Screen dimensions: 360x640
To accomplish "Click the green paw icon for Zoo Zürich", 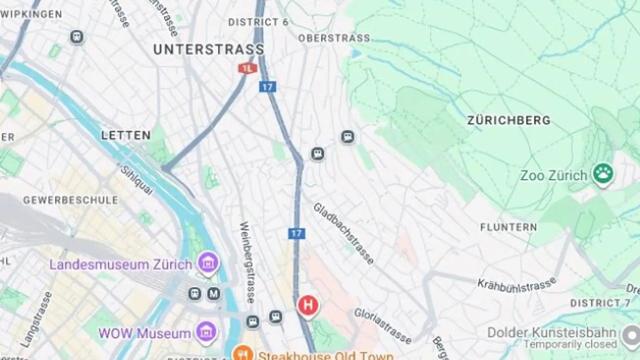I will pos(603,174).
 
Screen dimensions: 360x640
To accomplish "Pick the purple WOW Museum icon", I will pos(207,332).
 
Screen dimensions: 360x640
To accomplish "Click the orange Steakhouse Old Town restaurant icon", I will pos(243,354).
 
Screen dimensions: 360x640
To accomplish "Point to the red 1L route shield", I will pos(248,68).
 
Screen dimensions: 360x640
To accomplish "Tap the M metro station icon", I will pos(214,293).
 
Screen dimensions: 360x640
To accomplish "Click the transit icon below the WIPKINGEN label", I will pos(77,36).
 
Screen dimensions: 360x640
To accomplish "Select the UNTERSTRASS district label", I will pos(208,49).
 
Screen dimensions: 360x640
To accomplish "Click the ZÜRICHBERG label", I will pos(508,120).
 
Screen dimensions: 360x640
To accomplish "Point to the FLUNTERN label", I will pos(508,228).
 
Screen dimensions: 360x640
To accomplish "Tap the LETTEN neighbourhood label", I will pos(126,135).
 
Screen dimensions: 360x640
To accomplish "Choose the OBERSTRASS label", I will pos(334,38).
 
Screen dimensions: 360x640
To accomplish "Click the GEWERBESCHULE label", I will pos(71,200).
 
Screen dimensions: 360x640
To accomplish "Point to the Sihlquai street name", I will pos(136,180).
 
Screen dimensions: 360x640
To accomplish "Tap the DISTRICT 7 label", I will pos(600,303).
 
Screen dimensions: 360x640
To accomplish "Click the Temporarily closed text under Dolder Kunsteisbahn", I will pos(570,344).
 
